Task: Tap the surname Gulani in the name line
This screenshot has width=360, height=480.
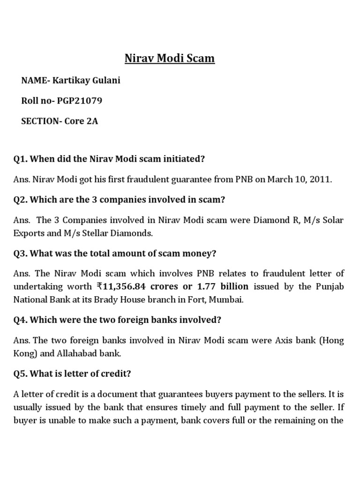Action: point(105,80)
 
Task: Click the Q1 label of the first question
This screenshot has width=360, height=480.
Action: point(21,159)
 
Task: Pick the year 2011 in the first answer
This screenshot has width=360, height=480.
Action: point(322,180)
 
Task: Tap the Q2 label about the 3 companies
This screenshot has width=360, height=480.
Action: point(21,200)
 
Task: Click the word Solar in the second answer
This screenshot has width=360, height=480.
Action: point(333,220)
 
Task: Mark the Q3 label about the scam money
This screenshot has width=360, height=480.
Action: point(21,253)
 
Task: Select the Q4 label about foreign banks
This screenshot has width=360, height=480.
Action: point(21,320)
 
